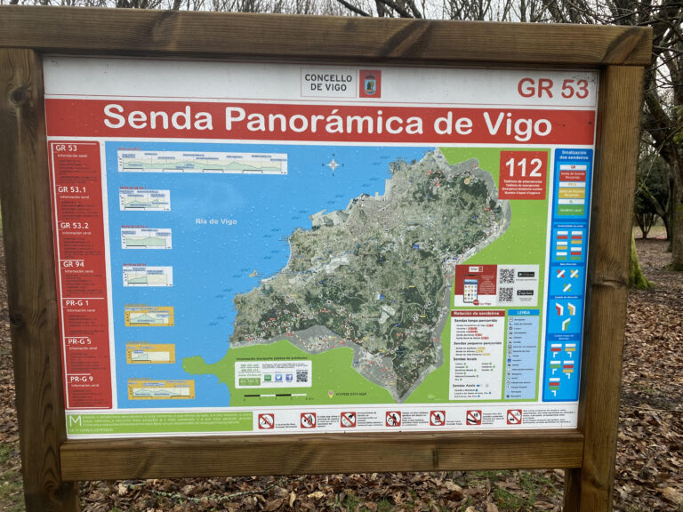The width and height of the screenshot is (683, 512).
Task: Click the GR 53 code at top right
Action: (553, 88)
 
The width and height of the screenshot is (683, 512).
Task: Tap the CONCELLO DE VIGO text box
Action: (328, 82)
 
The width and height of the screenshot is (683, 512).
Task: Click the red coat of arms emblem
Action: (370, 83)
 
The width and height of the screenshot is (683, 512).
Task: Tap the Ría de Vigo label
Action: (216, 221)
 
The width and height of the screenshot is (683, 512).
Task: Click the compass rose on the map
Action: (333, 164)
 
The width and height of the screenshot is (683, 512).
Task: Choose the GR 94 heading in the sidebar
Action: (73, 264)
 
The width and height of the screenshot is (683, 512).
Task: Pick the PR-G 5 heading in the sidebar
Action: (79, 341)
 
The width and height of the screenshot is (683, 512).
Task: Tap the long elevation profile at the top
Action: (203, 163)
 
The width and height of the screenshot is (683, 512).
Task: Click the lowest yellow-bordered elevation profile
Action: (161, 389)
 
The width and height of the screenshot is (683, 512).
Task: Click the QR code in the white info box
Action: (301, 377)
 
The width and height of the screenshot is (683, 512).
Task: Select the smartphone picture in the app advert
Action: (470, 290)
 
